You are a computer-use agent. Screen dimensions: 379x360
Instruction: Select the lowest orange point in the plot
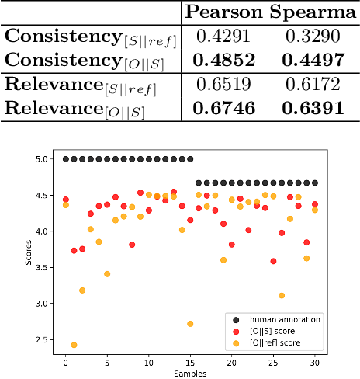coord(74,345)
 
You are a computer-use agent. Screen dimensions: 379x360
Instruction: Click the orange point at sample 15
coord(190,324)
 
